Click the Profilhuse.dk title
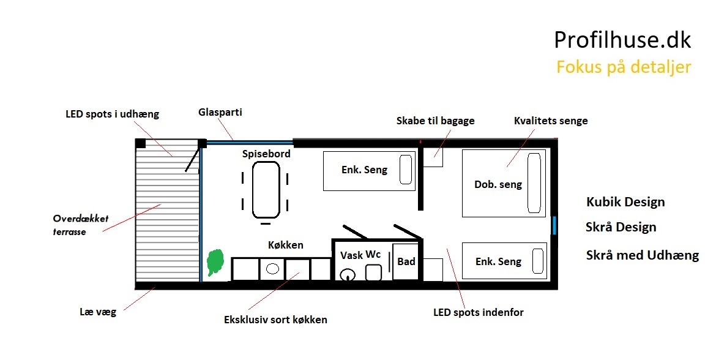click(x=622, y=40)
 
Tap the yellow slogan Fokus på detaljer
click(x=624, y=67)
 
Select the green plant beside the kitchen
click(x=215, y=262)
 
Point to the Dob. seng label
click(x=498, y=184)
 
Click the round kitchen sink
click(x=272, y=269)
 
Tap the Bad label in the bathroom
click(x=406, y=261)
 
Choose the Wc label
click(x=373, y=255)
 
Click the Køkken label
click(x=285, y=245)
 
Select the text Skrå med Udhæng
click(x=643, y=255)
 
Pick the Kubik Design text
click(x=625, y=202)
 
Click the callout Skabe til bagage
click(x=435, y=121)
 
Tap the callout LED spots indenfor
click(x=478, y=312)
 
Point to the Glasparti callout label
click(x=220, y=113)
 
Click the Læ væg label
click(x=98, y=312)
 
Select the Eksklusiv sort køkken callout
click(x=275, y=320)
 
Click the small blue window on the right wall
click(x=554, y=226)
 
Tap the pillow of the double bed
click(x=534, y=182)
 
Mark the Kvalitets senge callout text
click(x=551, y=121)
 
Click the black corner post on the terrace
click(x=141, y=143)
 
